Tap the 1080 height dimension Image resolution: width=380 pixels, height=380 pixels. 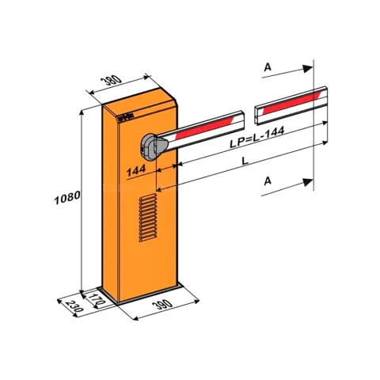coord(67,197)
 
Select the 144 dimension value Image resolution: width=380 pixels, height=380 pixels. coord(136,170)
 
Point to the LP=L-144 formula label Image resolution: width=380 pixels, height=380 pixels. coord(256,137)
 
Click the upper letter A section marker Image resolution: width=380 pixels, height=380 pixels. coord(268,67)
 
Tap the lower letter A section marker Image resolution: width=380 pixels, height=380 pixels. coord(268,181)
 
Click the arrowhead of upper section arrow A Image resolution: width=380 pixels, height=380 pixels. coord(308,69)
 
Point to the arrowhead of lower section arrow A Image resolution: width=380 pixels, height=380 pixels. coord(308,182)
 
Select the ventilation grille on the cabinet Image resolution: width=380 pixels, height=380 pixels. coord(148,218)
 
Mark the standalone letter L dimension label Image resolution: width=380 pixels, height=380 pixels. coord(245,161)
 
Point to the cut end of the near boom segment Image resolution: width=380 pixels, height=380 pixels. coord(242,120)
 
